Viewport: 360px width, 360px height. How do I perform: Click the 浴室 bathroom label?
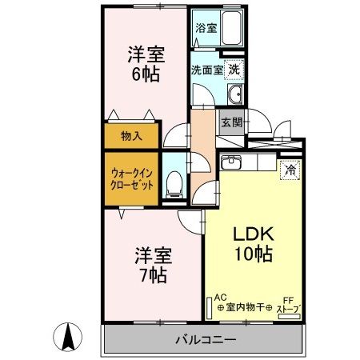[206, 28]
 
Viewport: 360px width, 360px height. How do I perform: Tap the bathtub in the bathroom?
[231, 28]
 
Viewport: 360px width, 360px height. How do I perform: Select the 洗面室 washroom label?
[207, 70]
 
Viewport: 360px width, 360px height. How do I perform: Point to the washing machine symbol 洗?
[234, 70]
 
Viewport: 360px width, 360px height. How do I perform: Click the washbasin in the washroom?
[235, 94]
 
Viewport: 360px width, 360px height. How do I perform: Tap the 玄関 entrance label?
[232, 122]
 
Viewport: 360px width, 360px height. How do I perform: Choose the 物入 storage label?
[131, 136]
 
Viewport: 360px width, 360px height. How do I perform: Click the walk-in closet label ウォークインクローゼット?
[132, 179]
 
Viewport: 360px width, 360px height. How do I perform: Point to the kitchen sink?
[231, 162]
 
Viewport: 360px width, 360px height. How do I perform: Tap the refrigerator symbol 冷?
[290, 170]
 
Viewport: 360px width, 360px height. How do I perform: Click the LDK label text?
[254, 234]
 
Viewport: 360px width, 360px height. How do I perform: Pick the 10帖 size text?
[254, 254]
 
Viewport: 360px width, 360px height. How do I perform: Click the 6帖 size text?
[146, 74]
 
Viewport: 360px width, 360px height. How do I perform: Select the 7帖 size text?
[154, 275]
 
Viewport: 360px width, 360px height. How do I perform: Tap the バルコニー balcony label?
[206, 340]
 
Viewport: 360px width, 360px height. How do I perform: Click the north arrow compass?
[68, 337]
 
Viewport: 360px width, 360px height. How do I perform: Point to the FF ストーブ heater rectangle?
[289, 317]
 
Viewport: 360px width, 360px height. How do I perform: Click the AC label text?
[220, 297]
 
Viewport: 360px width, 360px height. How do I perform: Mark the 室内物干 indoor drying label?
[245, 307]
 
